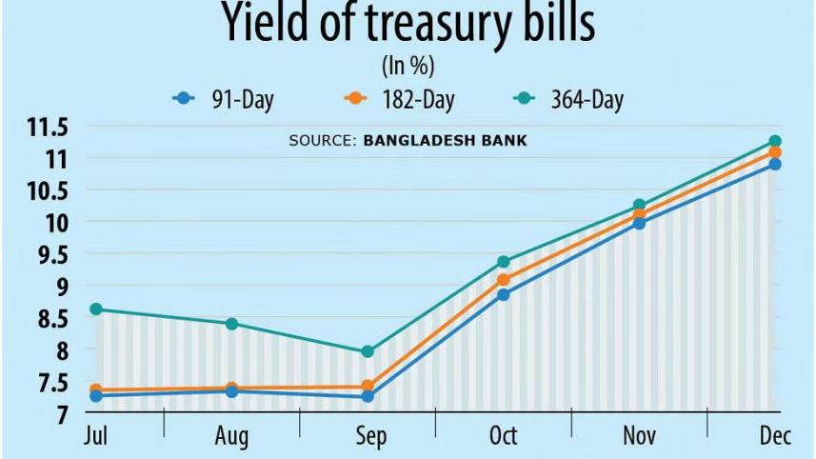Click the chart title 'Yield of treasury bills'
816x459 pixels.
click(408, 23)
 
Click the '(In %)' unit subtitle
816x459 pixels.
click(408, 67)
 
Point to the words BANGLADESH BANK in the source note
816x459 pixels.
click(445, 141)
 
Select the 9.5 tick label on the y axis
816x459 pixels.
click(50, 255)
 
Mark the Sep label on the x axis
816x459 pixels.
click(369, 436)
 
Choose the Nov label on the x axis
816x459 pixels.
click(640, 436)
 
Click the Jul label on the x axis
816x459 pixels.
click(95, 436)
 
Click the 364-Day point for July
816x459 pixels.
click(95, 309)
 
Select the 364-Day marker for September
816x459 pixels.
click(368, 351)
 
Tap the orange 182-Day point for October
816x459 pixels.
click(504, 280)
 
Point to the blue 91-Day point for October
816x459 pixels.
click(504, 295)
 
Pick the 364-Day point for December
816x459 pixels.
click(775, 142)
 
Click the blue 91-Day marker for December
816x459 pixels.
click(775, 164)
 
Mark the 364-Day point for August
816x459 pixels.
click(231, 324)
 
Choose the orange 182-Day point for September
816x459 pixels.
click(368, 387)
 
